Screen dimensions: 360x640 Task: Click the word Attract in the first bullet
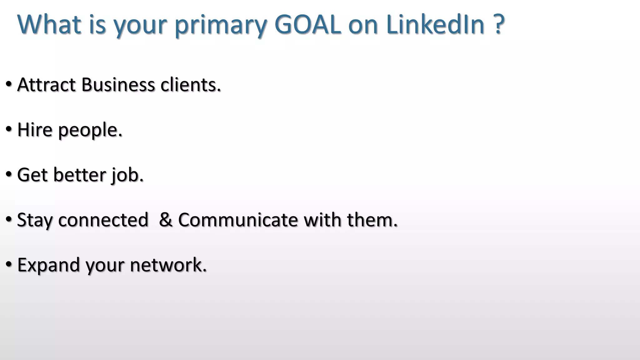pyautogui.click(x=46, y=85)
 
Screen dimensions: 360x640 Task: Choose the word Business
pyautogui.click(x=118, y=85)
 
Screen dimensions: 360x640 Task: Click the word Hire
pyautogui.click(x=35, y=130)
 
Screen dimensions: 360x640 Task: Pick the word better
pyautogui.click(x=80, y=175)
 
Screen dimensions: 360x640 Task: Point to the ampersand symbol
pyautogui.click(x=166, y=220)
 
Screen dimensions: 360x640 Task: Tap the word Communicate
pyautogui.click(x=238, y=220)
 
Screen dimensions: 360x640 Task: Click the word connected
pyautogui.click(x=103, y=220)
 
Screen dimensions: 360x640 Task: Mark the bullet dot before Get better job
pyautogui.click(x=9, y=174)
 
